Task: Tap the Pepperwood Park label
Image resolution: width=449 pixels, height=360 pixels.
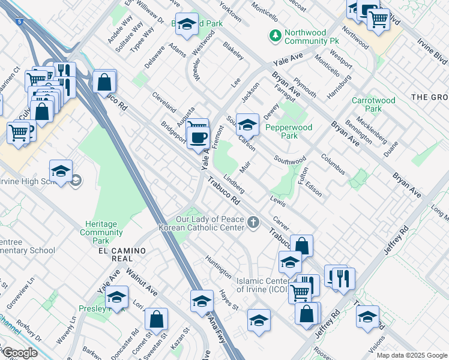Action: pos(289,131)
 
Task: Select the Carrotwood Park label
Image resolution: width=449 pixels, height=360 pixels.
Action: pos(366,104)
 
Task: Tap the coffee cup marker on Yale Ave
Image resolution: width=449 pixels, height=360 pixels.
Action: pos(197,138)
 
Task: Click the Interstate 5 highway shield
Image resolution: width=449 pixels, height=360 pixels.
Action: pos(20,22)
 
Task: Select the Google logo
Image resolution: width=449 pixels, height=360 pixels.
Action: pos(19,352)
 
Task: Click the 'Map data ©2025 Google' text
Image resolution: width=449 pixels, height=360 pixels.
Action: pos(411,355)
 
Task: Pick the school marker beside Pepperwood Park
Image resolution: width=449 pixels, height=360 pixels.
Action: pos(246,124)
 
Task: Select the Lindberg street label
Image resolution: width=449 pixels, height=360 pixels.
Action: pos(234,184)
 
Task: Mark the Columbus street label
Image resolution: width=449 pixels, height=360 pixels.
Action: pos(333,164)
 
